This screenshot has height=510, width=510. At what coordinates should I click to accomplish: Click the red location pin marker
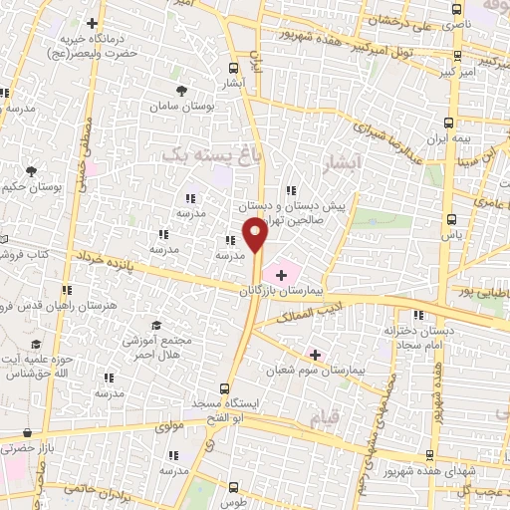(255, 235)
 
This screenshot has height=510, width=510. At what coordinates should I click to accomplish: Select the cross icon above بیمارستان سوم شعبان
(315, 353)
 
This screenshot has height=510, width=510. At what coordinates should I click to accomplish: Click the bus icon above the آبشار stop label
(232, 69)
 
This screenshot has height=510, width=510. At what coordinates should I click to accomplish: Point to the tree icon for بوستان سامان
(181, 91)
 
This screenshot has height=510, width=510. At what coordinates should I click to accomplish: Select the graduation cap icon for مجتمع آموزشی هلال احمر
(155, 325)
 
